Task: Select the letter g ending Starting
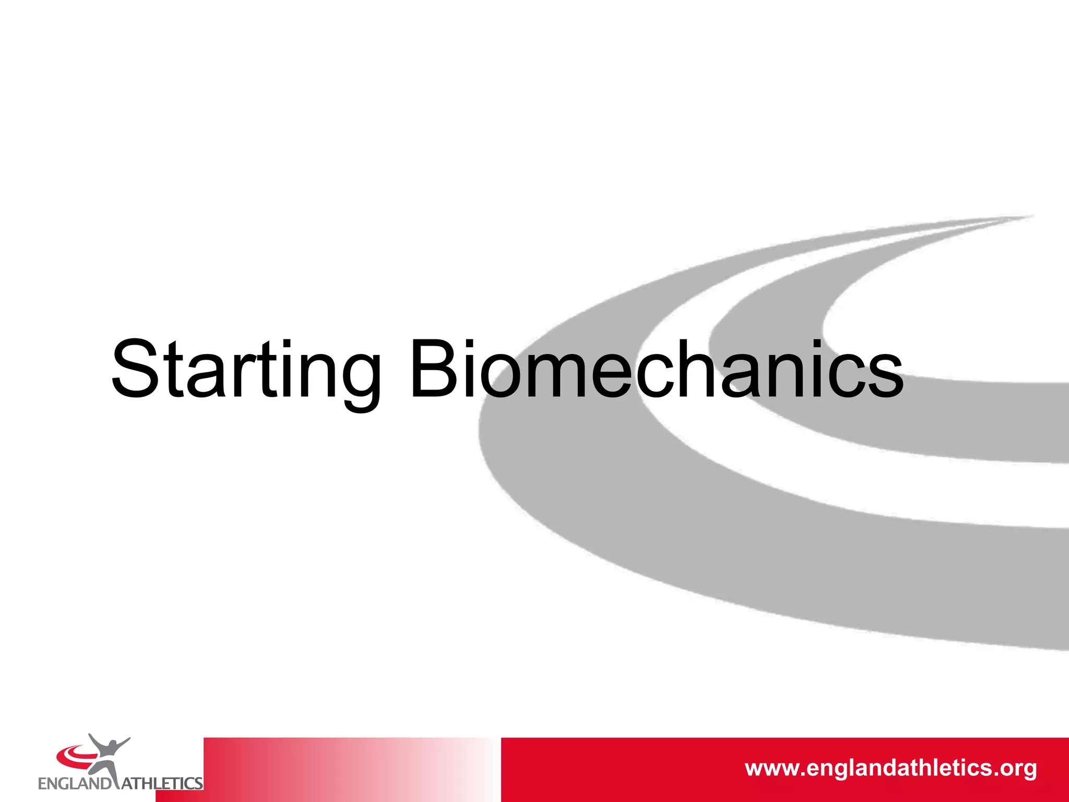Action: [359, 379]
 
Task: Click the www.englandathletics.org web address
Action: [890, 769]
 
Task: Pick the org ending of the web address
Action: [1018, 770]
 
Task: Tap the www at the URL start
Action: [773, 770]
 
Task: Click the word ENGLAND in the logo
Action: [75, 784]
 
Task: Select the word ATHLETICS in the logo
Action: [162, 784]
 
